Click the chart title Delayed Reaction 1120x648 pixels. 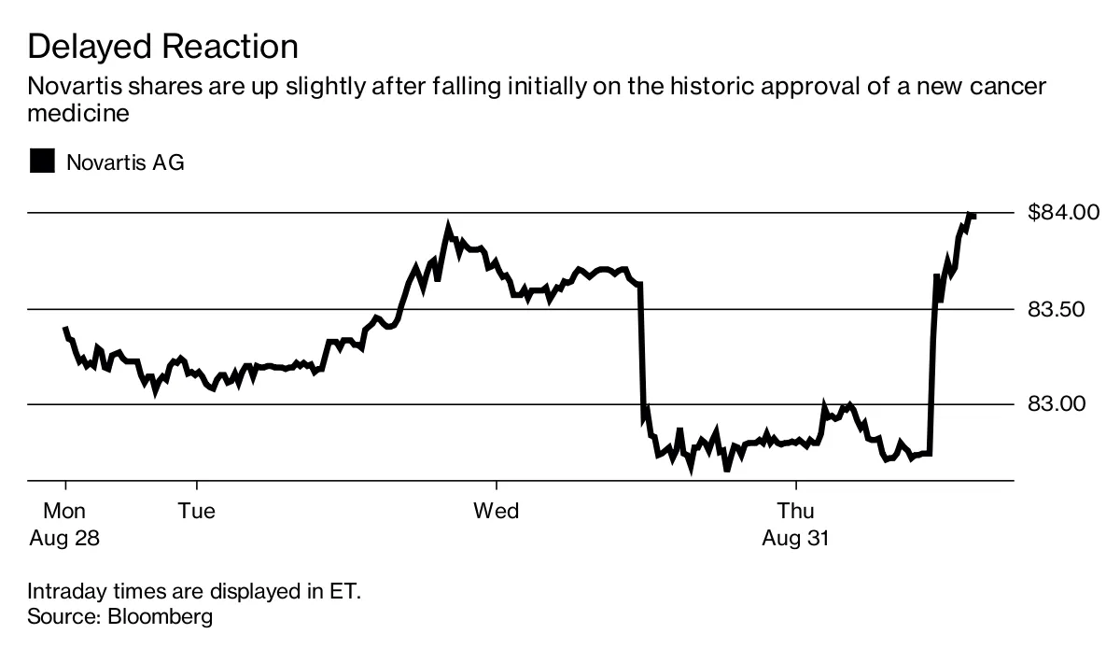click(162, 46)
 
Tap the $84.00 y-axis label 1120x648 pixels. click(1064, 213)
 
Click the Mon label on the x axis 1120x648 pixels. click(64, 511)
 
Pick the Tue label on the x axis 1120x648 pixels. click(197, 511)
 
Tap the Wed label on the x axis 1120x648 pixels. click(496, 511)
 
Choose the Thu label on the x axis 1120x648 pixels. click(796, 511)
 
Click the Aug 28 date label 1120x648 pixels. click(64, 539)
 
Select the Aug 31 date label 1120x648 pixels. click(796, 539)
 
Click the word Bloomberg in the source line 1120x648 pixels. click(161, 616)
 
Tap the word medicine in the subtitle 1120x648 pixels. click(77, 114)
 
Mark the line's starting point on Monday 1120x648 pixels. click(64, 329)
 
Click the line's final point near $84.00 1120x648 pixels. click(974, 216)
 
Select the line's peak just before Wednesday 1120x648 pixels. click(448, 225)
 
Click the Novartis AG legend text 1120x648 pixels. click(125, 162)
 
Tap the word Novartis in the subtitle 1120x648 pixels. click(77, 88)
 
